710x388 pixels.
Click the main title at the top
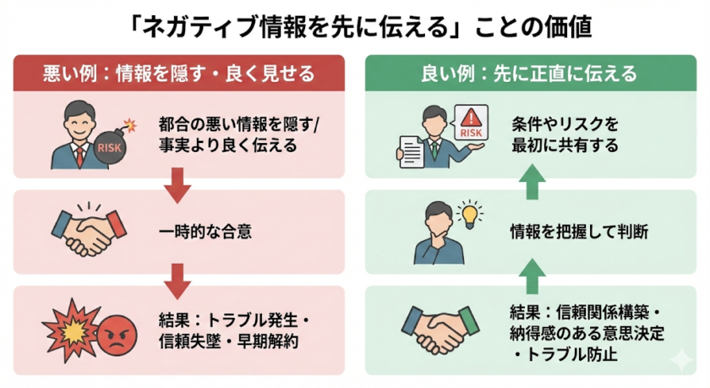click(x=356, y=25)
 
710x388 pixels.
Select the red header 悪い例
click(x=178, y=74)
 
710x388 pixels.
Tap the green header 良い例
click(x=530, y=74)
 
